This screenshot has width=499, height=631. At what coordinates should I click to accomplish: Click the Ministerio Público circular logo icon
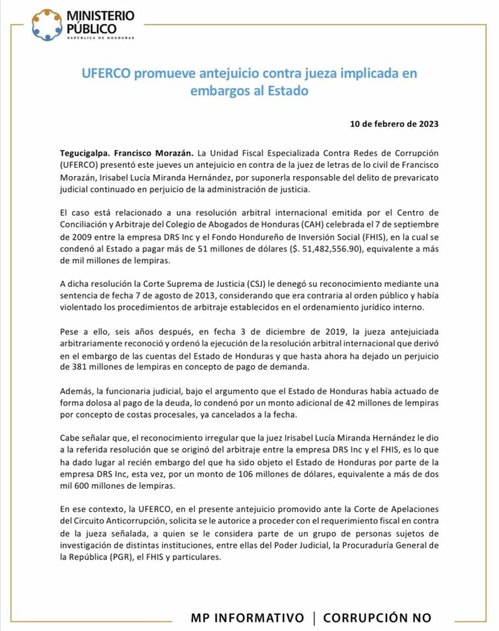pyautogui.click(x=47, y=25)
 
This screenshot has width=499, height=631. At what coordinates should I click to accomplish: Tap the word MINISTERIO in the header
pyautogui.click(x=100, y=14)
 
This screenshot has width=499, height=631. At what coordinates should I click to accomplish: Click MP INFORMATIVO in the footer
pyautogui.click(x=247, y=617)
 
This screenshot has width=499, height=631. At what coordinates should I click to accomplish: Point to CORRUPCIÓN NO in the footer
pyautogui.click(x=377, y=617)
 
